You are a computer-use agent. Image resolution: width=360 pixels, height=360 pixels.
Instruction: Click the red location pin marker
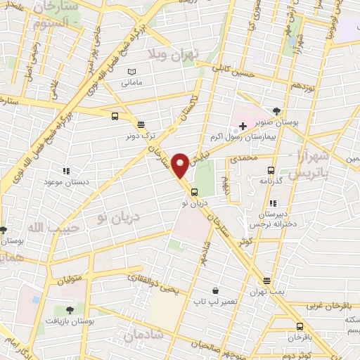[x=180, y=165]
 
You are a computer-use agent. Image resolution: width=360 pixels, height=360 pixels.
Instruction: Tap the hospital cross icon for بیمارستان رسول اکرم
[x=243, y=126]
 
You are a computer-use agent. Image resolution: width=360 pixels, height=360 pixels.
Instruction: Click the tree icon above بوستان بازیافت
[x=69, y=309]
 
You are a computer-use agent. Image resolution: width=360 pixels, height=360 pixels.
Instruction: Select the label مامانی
[x=131, y=84]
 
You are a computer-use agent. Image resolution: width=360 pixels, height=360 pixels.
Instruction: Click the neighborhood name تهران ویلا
[x=176, y=54]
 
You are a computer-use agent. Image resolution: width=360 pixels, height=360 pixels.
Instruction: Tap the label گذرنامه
[x=271, y=181]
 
